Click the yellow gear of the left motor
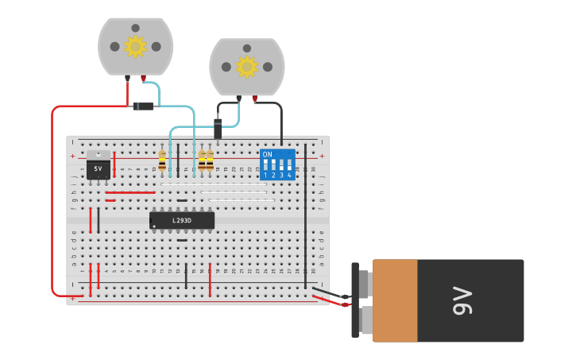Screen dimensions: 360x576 135,46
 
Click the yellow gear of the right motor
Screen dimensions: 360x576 246,67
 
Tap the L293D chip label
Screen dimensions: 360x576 182,220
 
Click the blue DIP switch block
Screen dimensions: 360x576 277,165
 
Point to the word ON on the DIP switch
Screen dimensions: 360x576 267,154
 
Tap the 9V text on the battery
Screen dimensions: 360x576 463,300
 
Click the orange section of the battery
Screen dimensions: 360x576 395,300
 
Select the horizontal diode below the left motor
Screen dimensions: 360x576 143,106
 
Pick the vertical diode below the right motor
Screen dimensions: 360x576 218,128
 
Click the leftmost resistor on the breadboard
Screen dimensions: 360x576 162,161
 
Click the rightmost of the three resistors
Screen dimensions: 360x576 210,161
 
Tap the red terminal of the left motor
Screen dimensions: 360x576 143,78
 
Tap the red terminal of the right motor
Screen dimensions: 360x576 254,99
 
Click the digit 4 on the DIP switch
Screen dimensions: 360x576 289,175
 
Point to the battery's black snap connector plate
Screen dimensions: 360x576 355,300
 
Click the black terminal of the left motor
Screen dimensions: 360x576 127,78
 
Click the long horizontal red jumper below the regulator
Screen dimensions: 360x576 130,192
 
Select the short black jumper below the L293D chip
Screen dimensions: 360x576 182,240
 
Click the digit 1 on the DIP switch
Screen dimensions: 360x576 265,175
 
